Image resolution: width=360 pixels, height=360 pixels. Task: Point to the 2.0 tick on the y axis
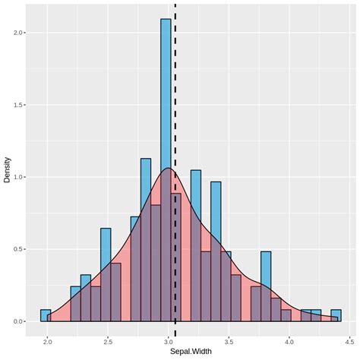point(18,33)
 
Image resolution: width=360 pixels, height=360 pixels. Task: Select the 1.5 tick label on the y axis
point(18,105)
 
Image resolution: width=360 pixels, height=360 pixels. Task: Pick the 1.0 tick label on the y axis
point(18,177)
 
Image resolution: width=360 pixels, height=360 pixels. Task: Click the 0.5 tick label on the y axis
point(18,249)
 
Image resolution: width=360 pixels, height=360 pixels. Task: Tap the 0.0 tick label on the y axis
point(18,321)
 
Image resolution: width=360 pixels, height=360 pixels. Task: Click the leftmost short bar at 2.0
point(46,315)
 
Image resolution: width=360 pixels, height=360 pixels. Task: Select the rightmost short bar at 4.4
point(336,315)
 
